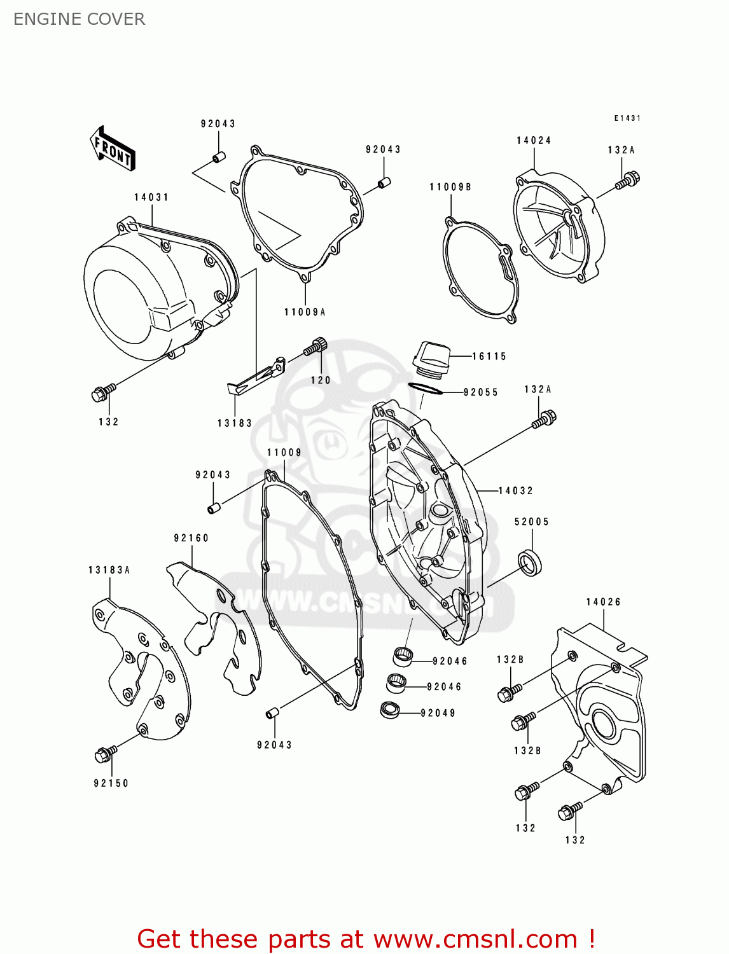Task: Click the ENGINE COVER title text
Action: click(79, 19)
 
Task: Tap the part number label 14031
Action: click(151, 197)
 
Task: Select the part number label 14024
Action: click(534, 141)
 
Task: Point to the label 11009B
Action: click(450, 187)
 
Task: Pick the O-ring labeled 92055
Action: click(425, 389)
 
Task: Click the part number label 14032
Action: click(515, 490)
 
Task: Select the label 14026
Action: click(603, 602)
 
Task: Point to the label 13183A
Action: click(109, 570)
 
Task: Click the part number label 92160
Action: click(191, 538)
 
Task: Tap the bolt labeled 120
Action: click(315, 347)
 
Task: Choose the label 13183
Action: click(235, 423)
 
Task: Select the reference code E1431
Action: click(627, 118)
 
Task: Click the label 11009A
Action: click(305, 312)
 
